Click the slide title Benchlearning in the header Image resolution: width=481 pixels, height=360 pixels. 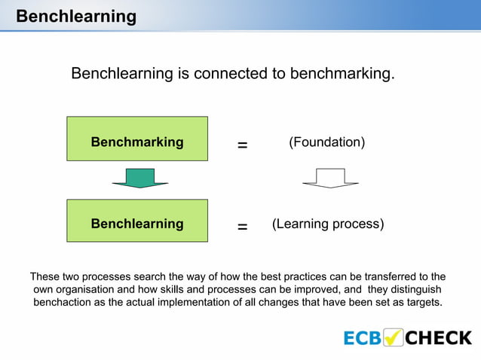pyautogui.click(x=76, y=16)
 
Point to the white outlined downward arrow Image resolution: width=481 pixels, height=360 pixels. pyautogui.click(x=330, y=178)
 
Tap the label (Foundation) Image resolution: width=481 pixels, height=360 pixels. pyautogui.click(x=327, y=142)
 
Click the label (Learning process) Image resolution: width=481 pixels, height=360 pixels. pyautogui.click(x=328, y=224)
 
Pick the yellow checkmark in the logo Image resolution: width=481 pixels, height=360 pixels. pyautogui.click(x=394, y=337)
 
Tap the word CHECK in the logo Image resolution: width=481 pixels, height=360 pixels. pyautogui.click(x=439, y=337)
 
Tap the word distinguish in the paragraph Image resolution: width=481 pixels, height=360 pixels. pyautogui.click(x=414, y=289)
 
